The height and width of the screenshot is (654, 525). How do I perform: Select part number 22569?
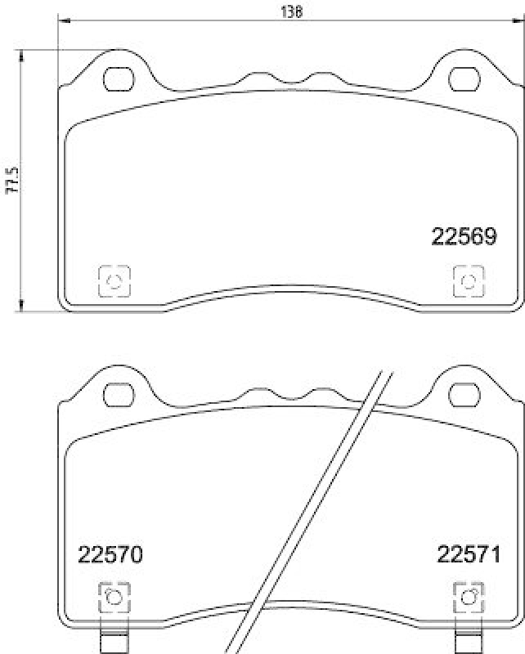(x=464, y=237)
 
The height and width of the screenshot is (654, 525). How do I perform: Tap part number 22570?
(x=110, y=555)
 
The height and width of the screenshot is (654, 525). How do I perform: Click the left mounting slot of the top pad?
(x=119, y=79)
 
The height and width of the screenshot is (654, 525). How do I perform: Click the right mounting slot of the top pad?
(x=465, y=79)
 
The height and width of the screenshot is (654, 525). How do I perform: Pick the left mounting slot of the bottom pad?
(x=119, y=396)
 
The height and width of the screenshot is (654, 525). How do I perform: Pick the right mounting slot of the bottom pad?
(x=465, y=396)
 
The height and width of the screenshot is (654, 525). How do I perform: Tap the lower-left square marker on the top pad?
(x=114, y=281)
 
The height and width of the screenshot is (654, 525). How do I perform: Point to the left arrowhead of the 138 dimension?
(x=62, y=20)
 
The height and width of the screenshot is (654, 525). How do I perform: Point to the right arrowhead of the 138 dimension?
(x=520, y=20)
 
